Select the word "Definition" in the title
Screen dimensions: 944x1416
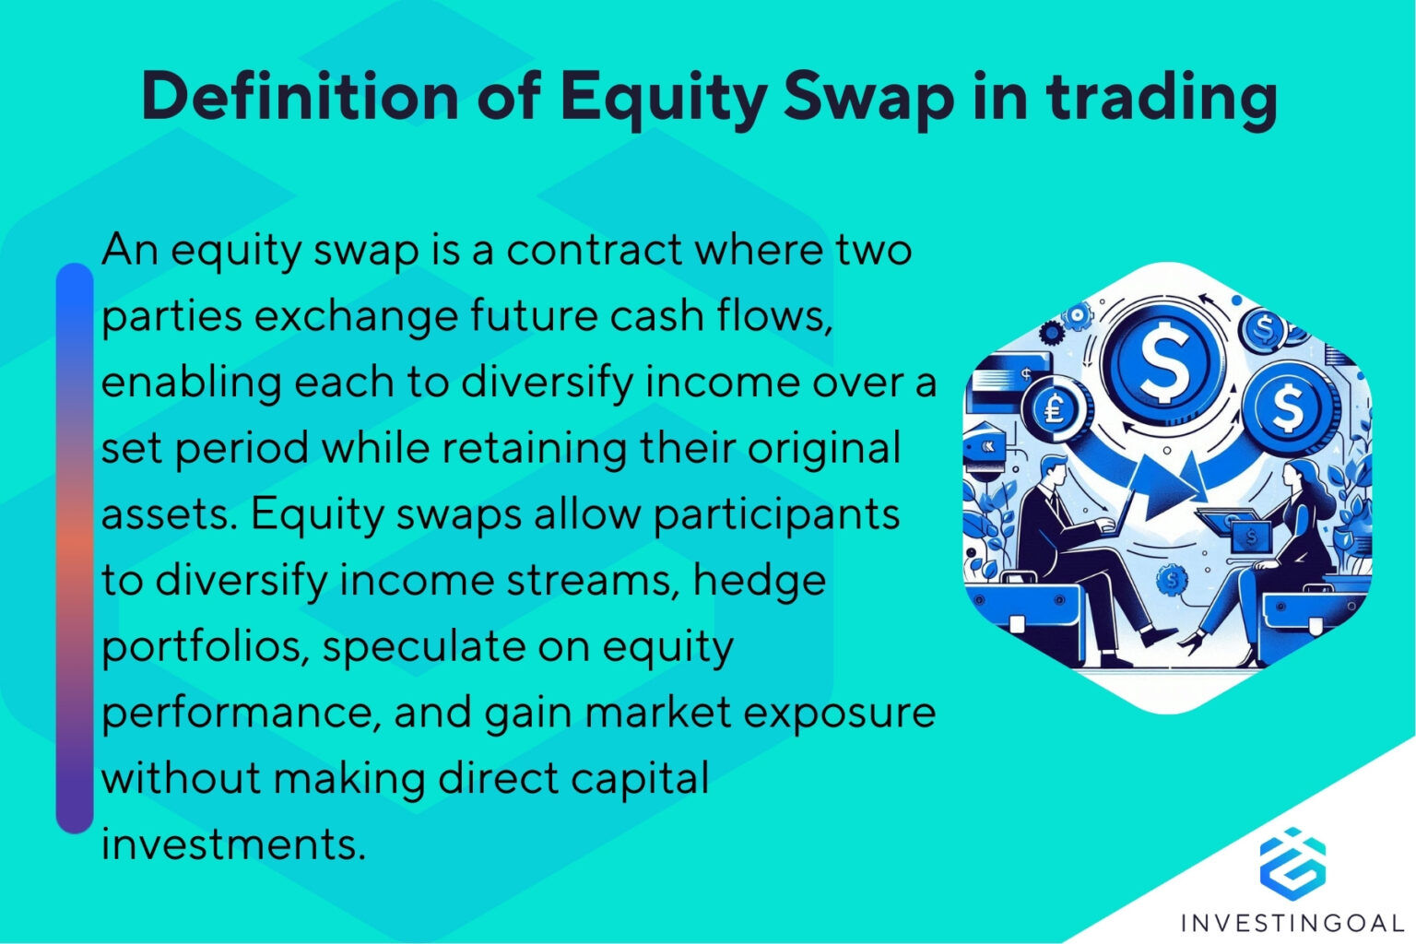pos(300,96)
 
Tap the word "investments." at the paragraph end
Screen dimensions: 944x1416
pos(233,844)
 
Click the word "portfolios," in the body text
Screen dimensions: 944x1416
pos(202,647)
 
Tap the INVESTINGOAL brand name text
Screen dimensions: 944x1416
pos(1292,922)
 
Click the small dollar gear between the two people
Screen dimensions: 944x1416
pos(1172,580)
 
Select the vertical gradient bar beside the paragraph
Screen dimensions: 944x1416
pos(75,549)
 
